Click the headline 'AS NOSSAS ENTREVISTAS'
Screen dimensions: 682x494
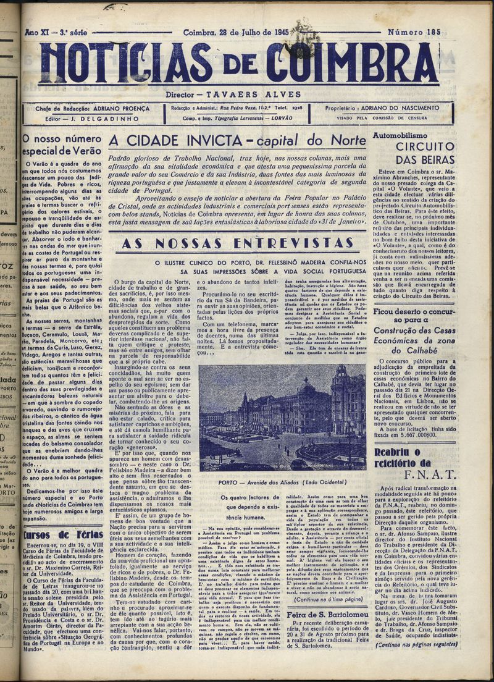pyautogui.click(x=238, y=243)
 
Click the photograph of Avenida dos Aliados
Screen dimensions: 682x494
pyautogui.click(x=282, y=417)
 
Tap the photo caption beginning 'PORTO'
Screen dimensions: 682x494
pyautogui.click(x=282, y=482)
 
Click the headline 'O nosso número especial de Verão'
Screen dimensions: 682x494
pyautogui.click(x=62, y=145)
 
